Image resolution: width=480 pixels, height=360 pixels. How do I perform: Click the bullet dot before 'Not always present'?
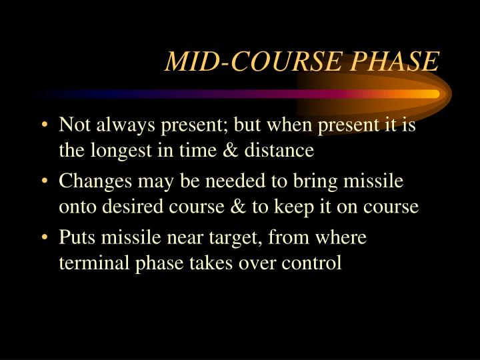(x=44, y=126)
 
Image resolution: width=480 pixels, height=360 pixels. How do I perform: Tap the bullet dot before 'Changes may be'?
(x=44, y=182)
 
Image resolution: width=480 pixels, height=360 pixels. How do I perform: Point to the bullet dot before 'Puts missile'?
(x=44, y=238)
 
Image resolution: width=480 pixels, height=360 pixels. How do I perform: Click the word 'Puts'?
(x=75, y=238)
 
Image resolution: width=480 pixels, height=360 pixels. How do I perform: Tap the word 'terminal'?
(x=89, y=263)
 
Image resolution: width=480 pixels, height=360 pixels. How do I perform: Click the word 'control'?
(x=311, y=263)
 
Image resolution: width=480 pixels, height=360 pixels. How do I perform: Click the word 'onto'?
(x=75, y=207)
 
